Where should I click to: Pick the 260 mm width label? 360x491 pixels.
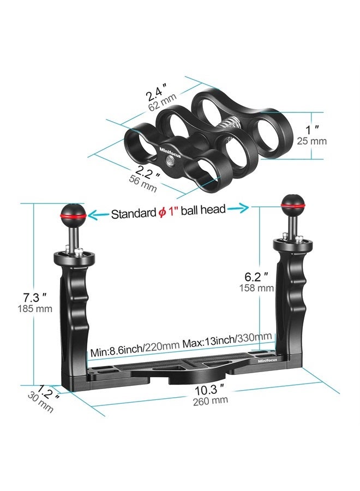click(210, 401)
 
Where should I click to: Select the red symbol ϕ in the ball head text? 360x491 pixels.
click(162, 213)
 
